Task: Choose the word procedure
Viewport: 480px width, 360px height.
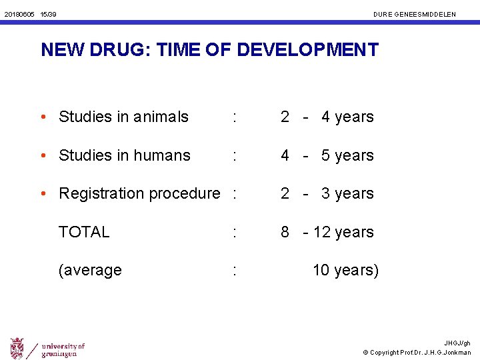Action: (x=187, y=194)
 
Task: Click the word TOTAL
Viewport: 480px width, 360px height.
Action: (x=84, y=232)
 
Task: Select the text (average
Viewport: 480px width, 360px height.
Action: (x=90, y=271)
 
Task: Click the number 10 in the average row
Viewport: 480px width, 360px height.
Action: (x=321, y=270)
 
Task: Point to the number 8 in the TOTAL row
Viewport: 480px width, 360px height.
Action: (x=285, y=232)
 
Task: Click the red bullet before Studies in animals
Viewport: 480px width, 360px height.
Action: (x=43, y=117)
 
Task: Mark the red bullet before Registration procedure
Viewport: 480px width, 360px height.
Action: (x=43, y=194)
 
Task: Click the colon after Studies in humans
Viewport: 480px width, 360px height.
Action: (x=233, y=155)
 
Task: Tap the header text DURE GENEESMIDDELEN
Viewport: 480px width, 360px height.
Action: (x=415, y=14)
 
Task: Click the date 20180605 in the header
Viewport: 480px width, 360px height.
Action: (x=19, y=14)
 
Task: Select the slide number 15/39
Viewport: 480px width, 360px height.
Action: (x=48, y=14)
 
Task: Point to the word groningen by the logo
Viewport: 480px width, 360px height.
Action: (x=61, y=353)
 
